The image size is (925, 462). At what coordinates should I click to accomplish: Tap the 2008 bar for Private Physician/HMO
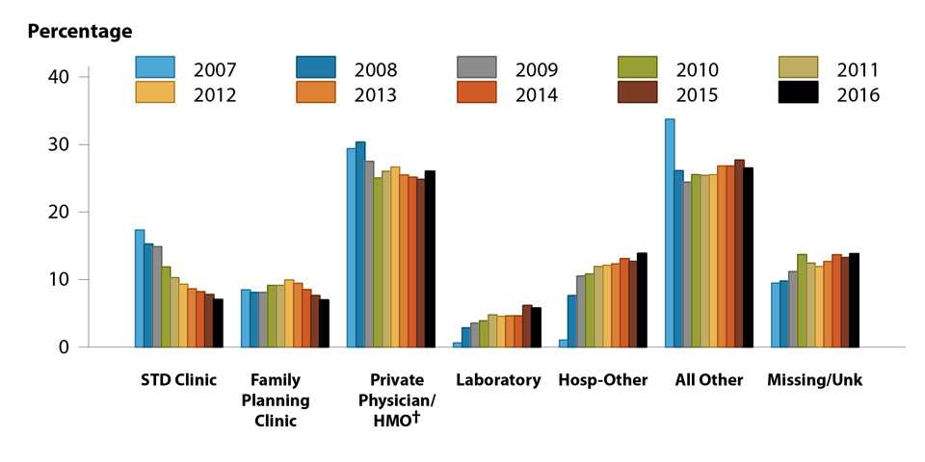click(x=360, y=244)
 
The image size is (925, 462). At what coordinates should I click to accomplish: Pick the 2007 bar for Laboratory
click(x=458, y=344)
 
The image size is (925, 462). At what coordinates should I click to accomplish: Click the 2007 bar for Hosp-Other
click(x=563, y=343)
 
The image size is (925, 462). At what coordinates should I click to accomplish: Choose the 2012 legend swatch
click(x=154, y=93)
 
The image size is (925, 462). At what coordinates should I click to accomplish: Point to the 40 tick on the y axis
click(x=76, y=77)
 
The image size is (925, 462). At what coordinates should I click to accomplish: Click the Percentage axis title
click(x=79, y=32)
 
